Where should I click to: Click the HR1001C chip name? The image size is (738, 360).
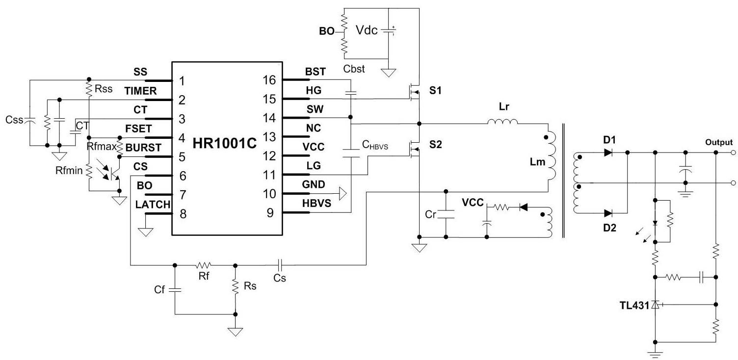[224, 143]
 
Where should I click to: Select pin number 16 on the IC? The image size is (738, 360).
[269, 80]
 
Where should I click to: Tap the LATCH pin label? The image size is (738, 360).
[153, 205]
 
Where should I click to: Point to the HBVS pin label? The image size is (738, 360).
[316, 203]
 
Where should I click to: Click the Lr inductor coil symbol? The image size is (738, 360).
[502, 122]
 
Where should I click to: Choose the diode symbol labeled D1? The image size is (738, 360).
[608, 153]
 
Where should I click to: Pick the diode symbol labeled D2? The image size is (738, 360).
[608, 213]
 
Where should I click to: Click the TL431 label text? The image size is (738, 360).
[634, 306]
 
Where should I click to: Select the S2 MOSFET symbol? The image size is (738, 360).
[414, 149]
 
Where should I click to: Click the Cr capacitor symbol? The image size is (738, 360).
[446, 214]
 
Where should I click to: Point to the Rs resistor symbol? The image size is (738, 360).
[235, 286]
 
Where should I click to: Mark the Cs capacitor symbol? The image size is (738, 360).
[280, 265]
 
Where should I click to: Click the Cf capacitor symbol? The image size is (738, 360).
[175, 290]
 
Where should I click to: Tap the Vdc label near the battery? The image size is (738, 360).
[367, 30]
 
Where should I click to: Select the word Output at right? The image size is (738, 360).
[719, 142]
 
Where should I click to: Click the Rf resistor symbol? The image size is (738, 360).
[204, 265]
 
